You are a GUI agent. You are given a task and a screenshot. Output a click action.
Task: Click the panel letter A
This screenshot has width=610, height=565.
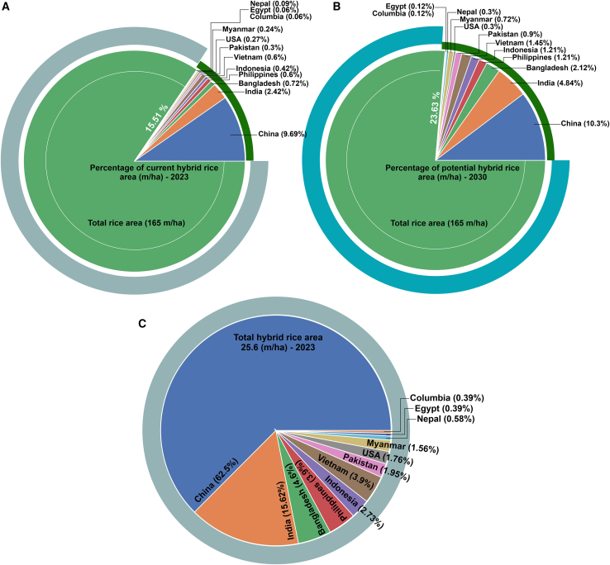point(6,7)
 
